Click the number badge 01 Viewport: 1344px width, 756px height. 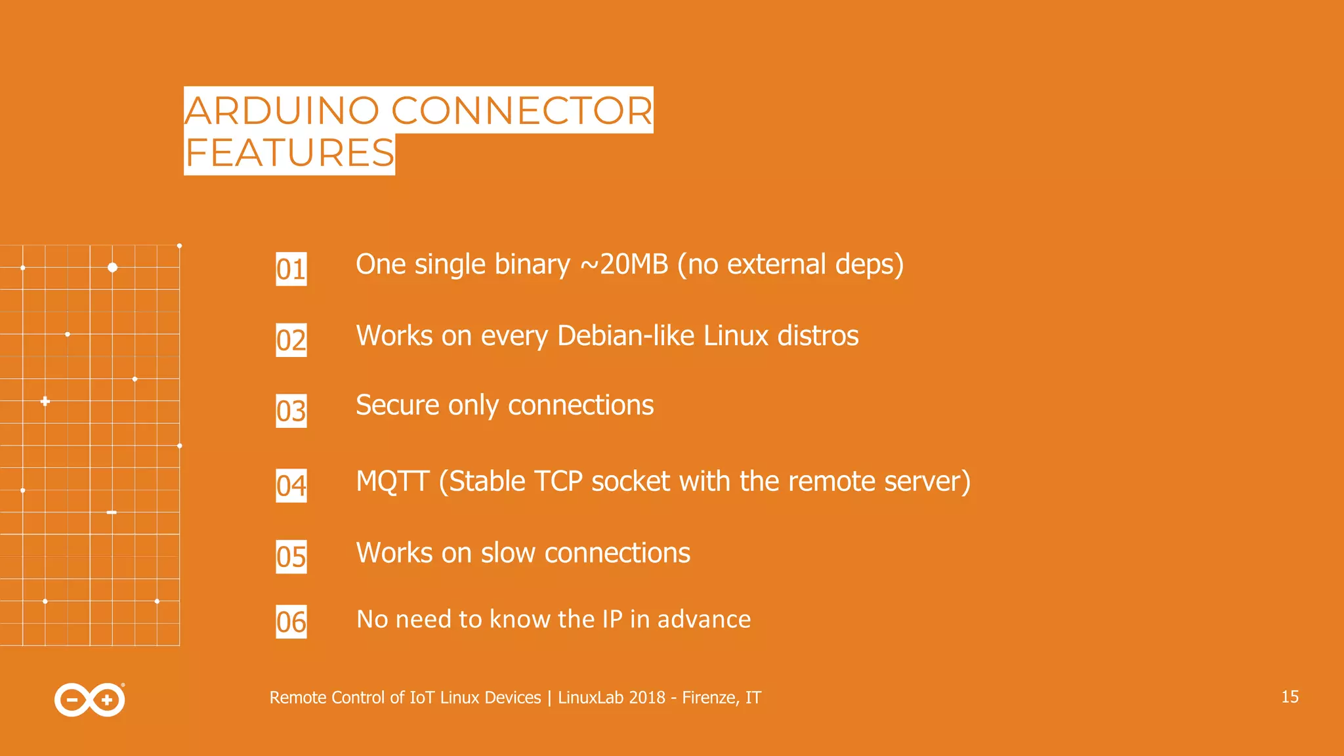coord(291,269)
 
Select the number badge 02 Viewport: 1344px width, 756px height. coord(291,340)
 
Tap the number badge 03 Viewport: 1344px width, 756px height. coord(291,411)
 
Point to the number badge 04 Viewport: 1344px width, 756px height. coord(291,486)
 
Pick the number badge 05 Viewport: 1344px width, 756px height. coord(291,556)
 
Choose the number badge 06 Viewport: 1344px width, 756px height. coord(291,621)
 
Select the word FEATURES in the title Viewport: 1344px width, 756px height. coord(289,154)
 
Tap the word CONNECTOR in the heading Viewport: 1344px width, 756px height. coord(522,110)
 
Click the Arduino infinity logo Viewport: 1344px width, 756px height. coord(90,700)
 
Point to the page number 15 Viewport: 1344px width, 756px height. coord(1290,697)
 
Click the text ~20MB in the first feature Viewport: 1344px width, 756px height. coord(623,264)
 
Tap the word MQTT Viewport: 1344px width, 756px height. coord(392,482)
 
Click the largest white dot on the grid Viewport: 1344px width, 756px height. coord(112,267)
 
